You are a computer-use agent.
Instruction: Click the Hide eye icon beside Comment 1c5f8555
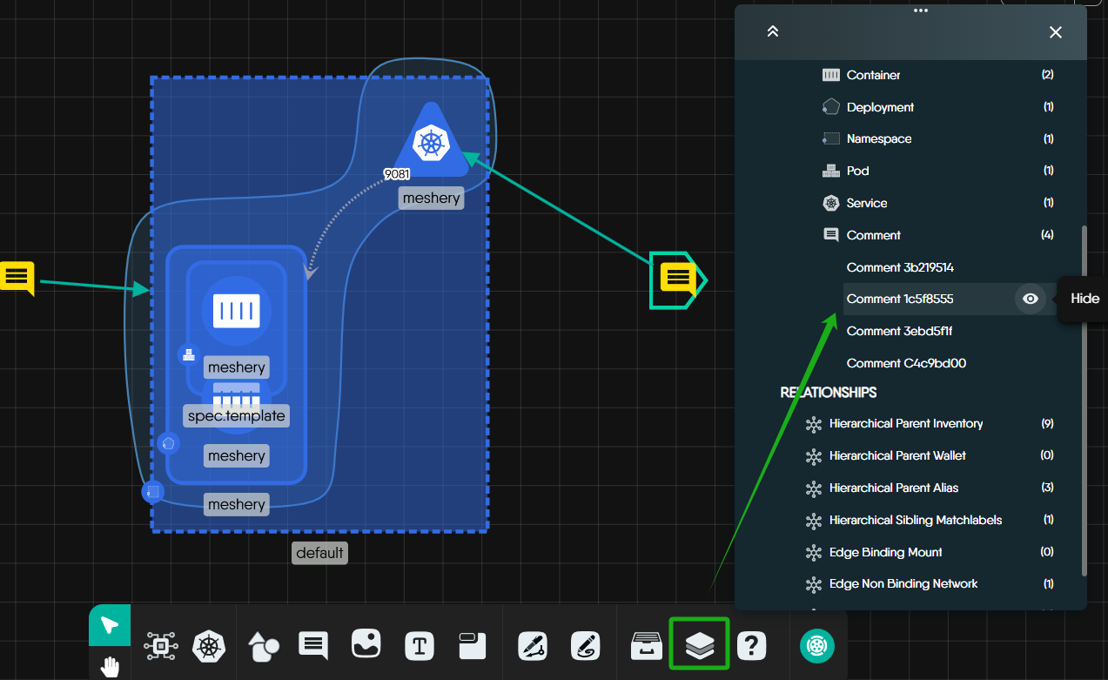point(1031,299)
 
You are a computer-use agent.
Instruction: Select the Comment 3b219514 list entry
point(900,267)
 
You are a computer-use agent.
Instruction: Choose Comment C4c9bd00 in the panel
point(906,363)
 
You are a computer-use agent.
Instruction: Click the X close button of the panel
point(1056,32)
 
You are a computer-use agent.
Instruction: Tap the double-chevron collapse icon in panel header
point(772,32)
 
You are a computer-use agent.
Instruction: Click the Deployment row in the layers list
point(880,107)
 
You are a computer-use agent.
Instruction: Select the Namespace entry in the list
point(878,138)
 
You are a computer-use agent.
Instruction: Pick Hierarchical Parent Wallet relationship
point(896,455)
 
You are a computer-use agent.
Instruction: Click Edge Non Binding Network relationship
point(903,583)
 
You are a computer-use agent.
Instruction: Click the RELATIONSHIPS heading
point(828,393)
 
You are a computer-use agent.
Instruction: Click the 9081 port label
point(397,174)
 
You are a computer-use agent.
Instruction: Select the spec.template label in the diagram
point(236,416)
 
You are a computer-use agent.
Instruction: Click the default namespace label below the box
point(319,553)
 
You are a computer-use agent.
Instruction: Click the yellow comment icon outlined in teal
point(677,279)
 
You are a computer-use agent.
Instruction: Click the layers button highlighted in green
point(699,644)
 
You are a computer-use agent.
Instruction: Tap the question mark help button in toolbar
point(751,645)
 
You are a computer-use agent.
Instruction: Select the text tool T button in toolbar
point(420,646)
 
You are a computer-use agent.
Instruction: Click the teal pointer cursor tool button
point(110,625)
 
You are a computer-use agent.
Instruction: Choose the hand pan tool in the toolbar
point(110,667)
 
